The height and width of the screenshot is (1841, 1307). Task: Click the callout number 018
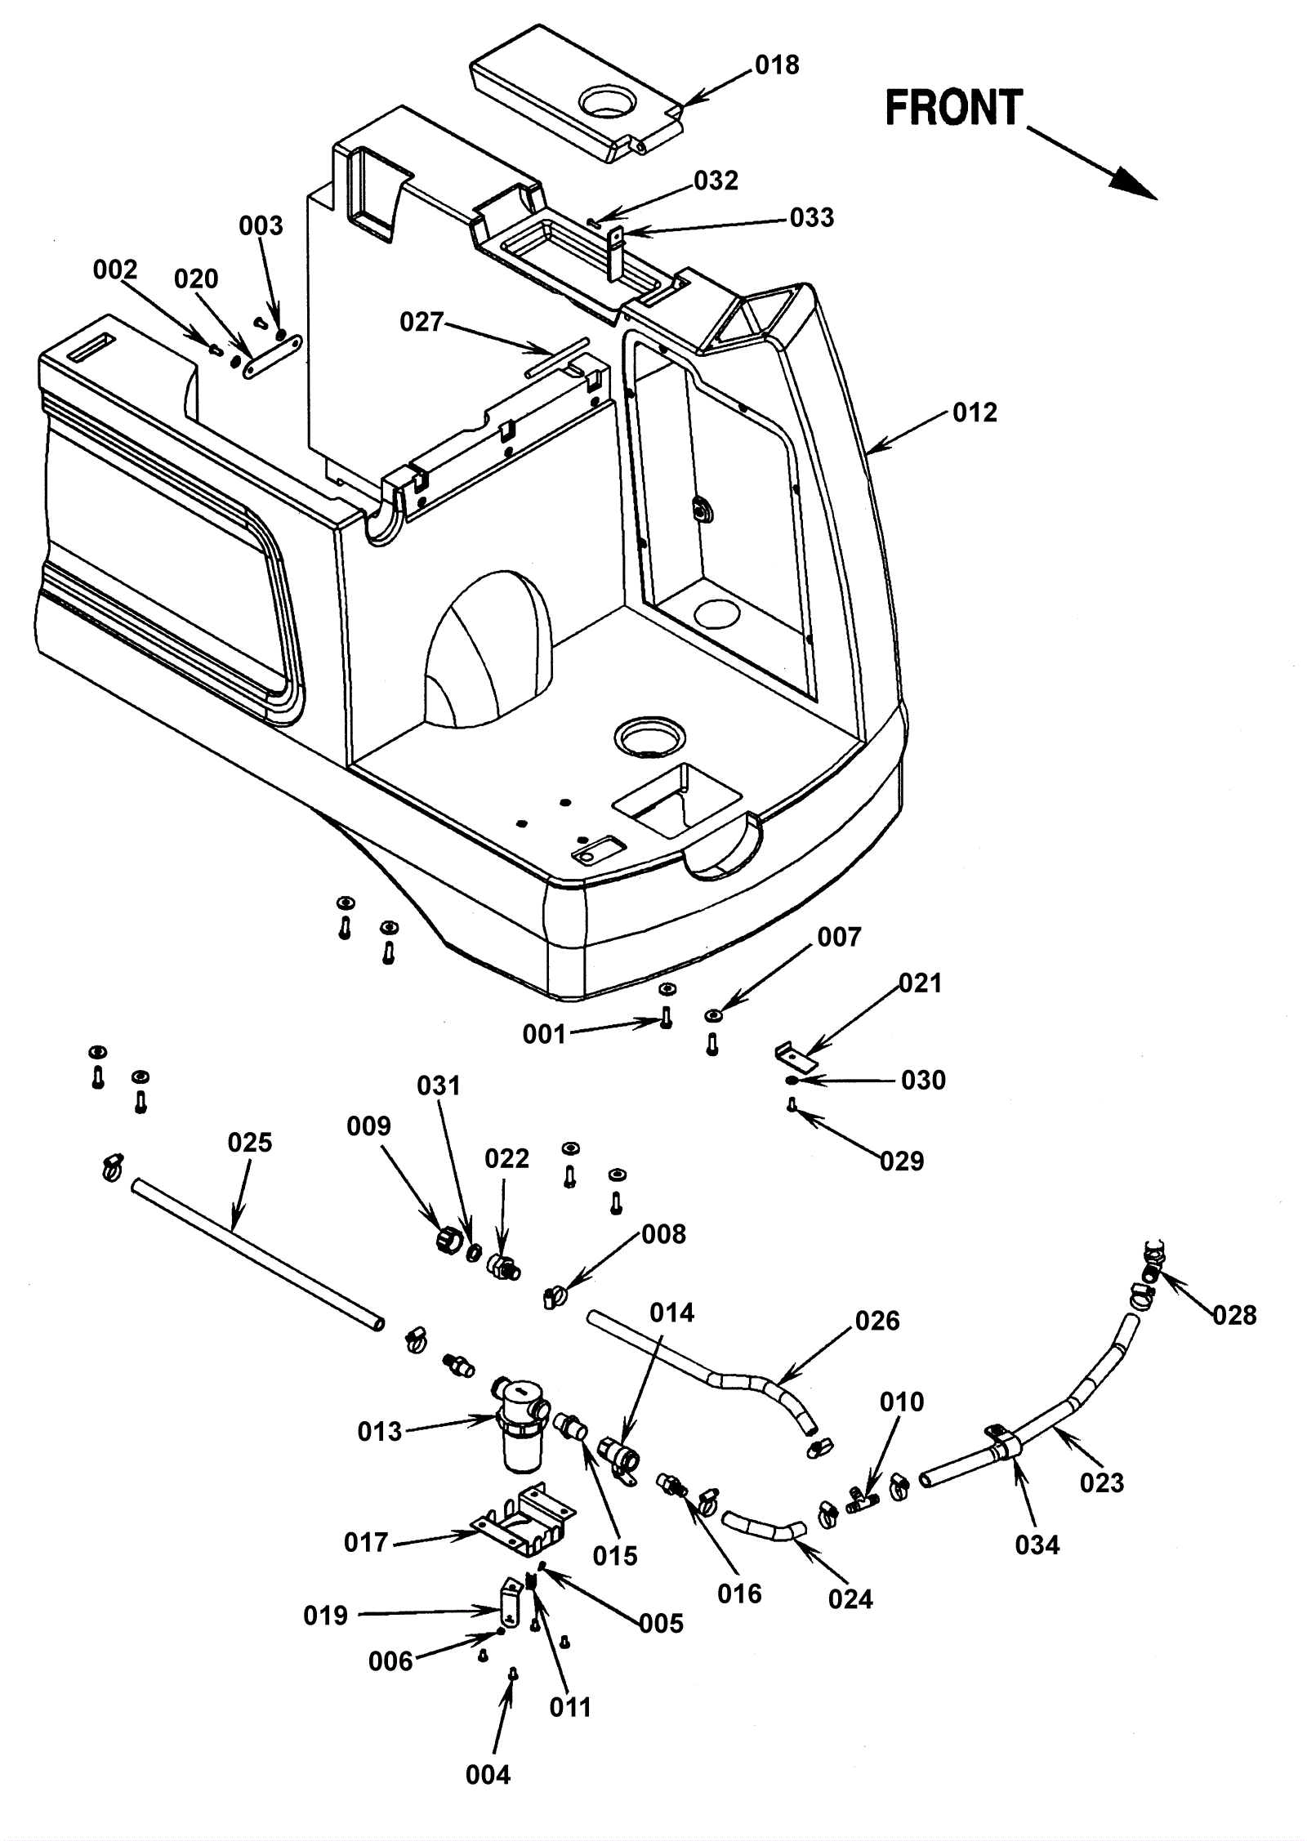pyautogui.click(x=777, y=65)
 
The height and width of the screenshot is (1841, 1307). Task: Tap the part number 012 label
pyautogui.click(x=975, y=412)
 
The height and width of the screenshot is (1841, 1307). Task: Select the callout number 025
pyautogui.click(x=250, y=1142)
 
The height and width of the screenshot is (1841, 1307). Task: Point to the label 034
pyautogui.click(x=1037, y=1545)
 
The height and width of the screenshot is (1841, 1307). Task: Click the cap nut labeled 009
pyautogui.click(x=448, y=1241)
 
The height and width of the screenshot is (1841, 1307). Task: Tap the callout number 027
pyautogui.click(x=421, y=322)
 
